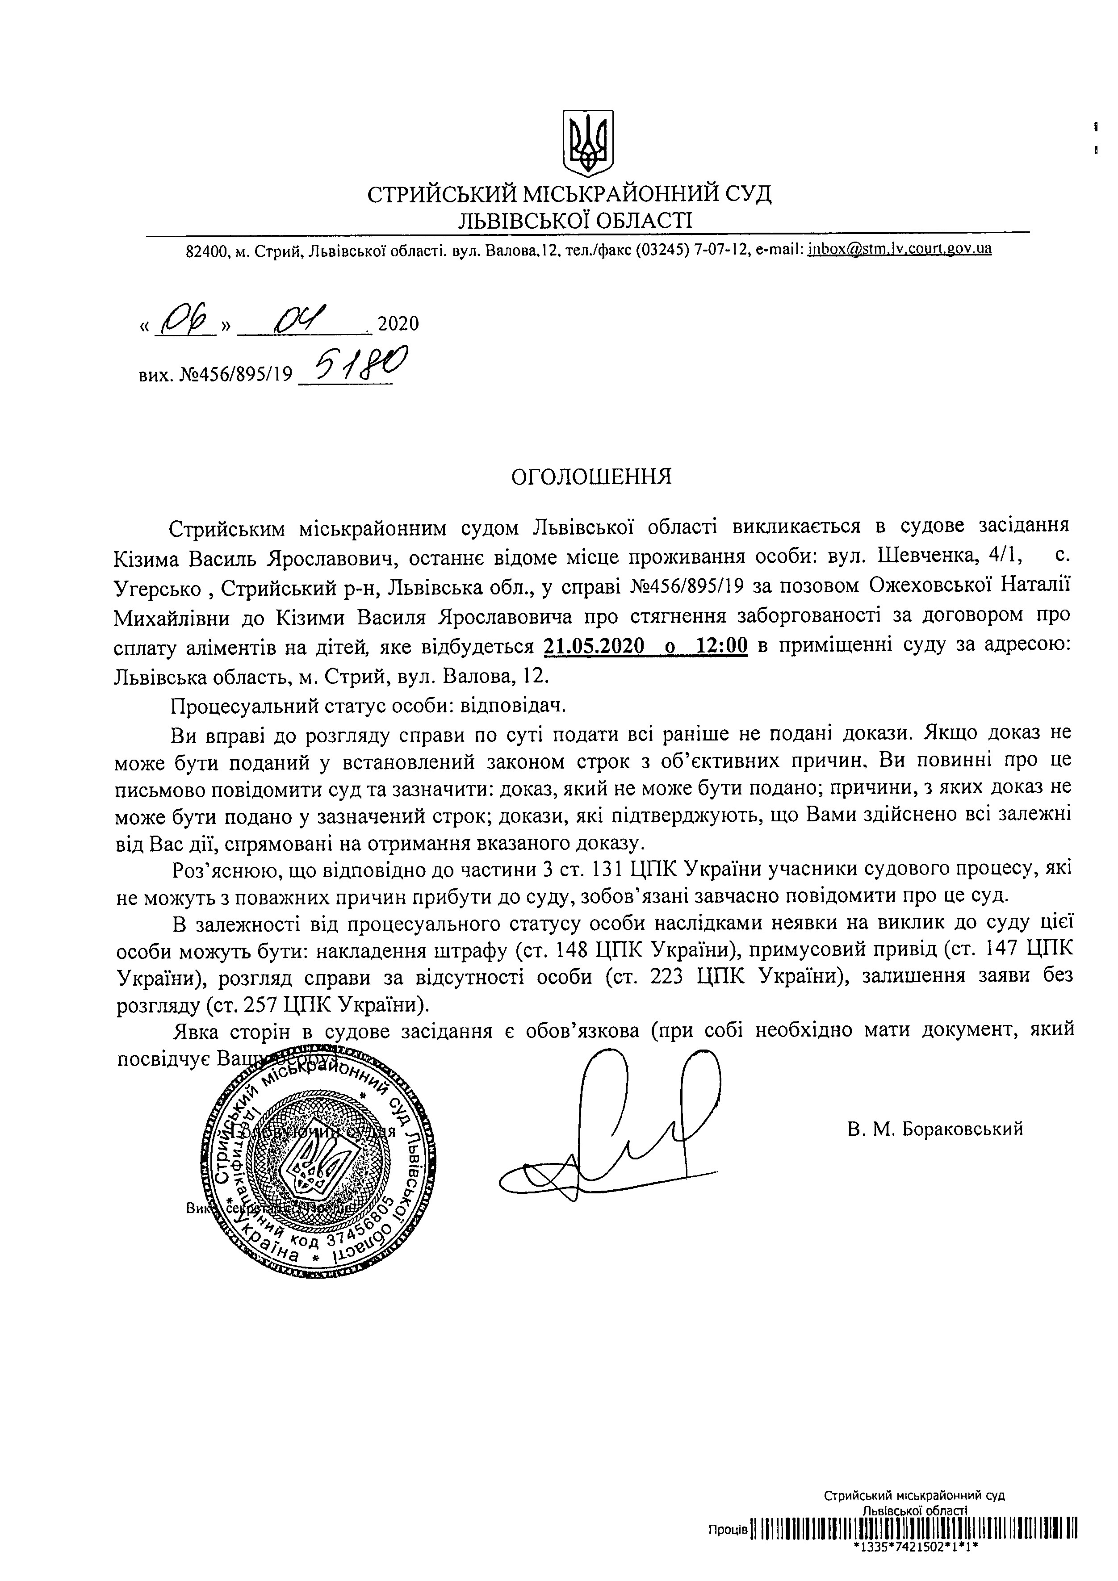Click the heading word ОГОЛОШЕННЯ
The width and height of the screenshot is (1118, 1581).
[590, 477]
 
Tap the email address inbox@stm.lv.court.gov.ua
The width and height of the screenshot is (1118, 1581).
[900, 249]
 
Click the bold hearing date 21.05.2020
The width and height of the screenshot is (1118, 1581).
[594, 647]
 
